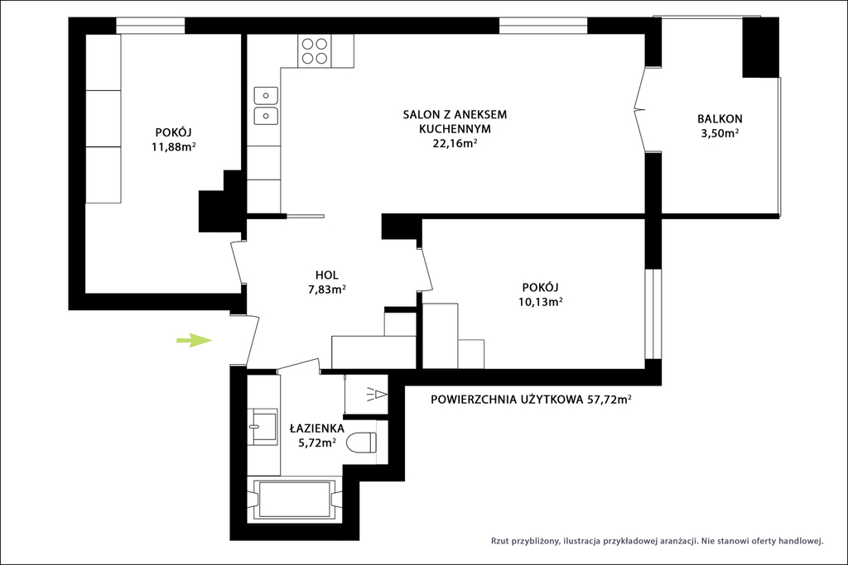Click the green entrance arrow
pyautogui.click(x=194, y=340)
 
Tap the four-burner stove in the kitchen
pyautogui.click(x=314, y=50)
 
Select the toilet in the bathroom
pyautogui.click(x=362, y=443)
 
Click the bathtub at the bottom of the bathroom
pyautogui.click(x=294, y=499)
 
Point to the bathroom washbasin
pyautogui.click(x=263, y=427)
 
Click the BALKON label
pyautogui.click(x=720, y=119)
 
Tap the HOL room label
pyautogui.click(x=326, y=275)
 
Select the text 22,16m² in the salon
pyautogui.click(x=455, y=143)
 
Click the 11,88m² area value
pyautogui.click(x=174, y=146)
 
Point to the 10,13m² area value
pyautogui.click(x=540, y=301)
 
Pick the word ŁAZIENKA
pyautogui.click(x=317, y=429)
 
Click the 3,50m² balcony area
pyautogui.click(x=720, y=133)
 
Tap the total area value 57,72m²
pyautogui.click(x=609, y=400)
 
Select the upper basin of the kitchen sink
pyautogui.click(x=266, y=96)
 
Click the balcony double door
pyautogui.click(x=643, y=110)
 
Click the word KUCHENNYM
pyautogui.click(x=455, y=129)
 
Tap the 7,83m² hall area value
pyautogui.click(x=327, y=289)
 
